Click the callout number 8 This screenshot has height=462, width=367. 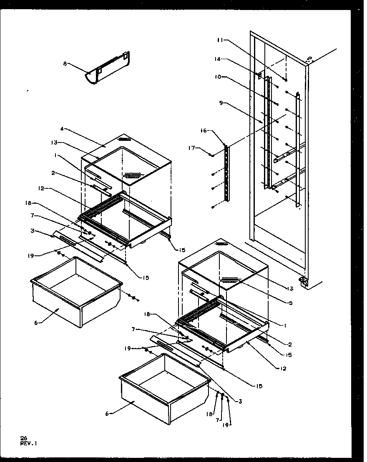[65, 64]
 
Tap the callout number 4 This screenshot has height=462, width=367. [62, 129]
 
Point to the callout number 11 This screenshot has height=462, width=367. [220, 40]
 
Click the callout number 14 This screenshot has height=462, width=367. [217, 60]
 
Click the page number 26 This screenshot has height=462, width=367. [23, 438]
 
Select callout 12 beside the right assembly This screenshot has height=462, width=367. [284, 369]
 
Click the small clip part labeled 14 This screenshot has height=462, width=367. [258, 75]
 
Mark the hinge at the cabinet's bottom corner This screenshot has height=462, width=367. [304, 282]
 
